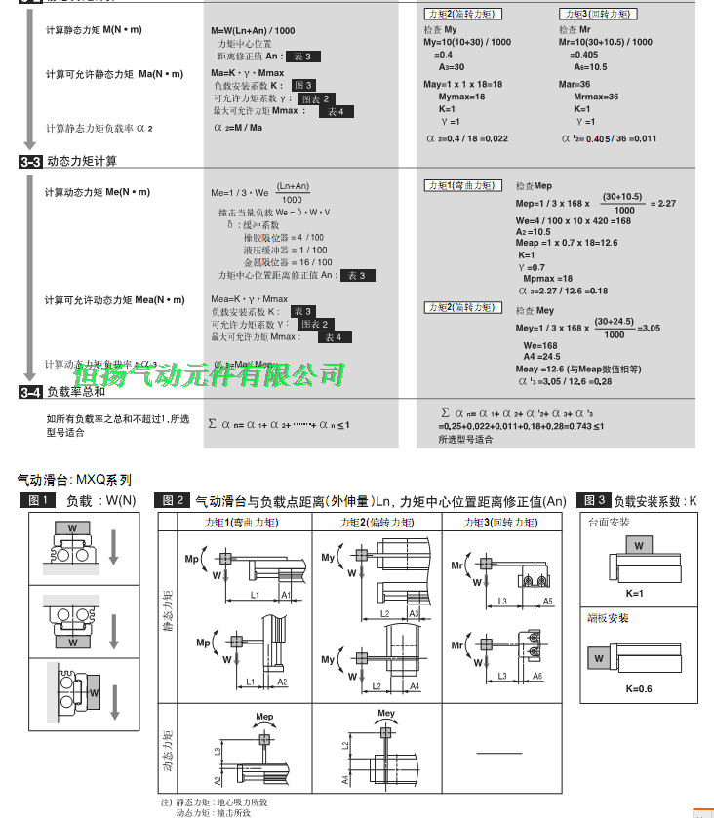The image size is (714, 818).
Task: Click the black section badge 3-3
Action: (x=30, y=161)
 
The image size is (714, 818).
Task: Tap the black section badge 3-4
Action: (x=30, y=392)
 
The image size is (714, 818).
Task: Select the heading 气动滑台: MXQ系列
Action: (x=74, y=480)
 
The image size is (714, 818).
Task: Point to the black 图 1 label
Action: (x=37, y=501)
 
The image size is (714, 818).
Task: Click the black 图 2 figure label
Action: (x=174, y=501)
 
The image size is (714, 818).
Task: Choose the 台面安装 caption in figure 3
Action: (x=609, y=523)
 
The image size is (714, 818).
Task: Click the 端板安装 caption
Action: (x=609, y=618)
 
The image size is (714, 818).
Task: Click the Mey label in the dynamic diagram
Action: (x=385, y=714)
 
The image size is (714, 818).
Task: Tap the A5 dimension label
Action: (x=547, y=602)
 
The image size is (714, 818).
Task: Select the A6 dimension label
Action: (x=536, y=676)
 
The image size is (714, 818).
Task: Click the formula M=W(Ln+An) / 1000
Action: (x=253, y=31)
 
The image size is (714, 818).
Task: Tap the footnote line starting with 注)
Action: (x=211, y=802)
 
